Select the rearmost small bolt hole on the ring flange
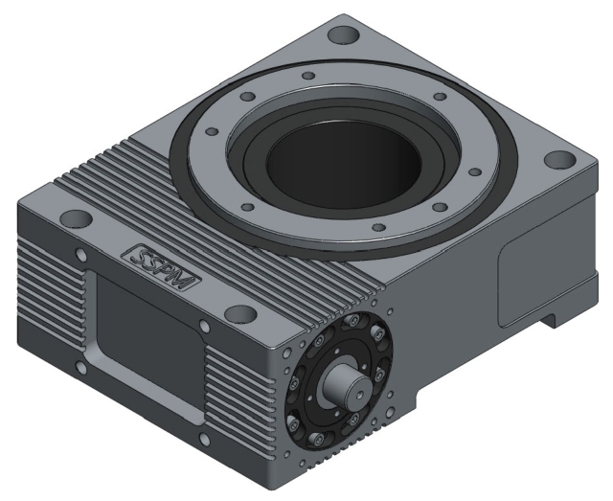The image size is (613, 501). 306,76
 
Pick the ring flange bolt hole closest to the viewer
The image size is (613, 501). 379,227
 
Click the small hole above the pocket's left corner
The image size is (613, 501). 80,254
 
